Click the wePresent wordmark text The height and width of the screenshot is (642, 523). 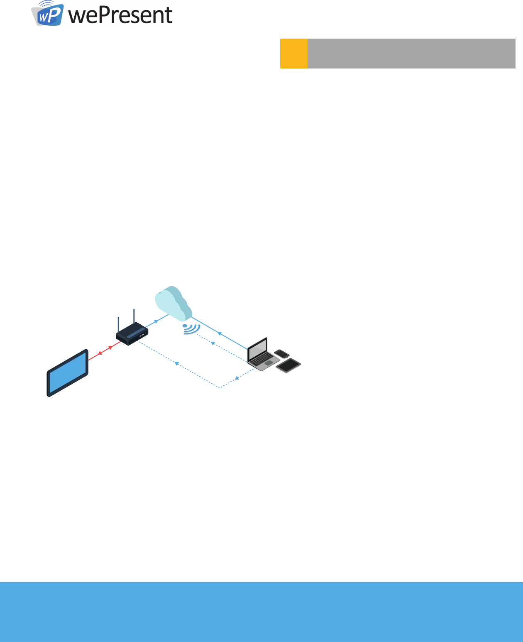pos(120,15)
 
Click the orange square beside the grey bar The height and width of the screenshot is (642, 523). pos(293,53)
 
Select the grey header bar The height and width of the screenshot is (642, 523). pos(411,53)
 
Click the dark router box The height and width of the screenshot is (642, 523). pos(132,334)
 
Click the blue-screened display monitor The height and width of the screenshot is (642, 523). pos(67,373)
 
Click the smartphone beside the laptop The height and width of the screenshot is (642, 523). pos(282,354)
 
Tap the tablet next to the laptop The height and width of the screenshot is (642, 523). pos(288,365)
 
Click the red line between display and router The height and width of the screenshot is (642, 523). pos(105,350)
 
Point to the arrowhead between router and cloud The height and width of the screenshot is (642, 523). pos(156,321)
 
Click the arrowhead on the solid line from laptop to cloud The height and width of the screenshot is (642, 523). pos(219,333)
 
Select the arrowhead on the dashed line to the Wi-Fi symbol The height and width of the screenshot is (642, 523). pos(213,343)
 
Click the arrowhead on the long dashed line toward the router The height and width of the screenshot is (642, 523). pos(176,363)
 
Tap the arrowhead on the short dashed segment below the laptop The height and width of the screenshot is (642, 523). pos(237,378)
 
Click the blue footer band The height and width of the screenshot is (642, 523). pos(261,611)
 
